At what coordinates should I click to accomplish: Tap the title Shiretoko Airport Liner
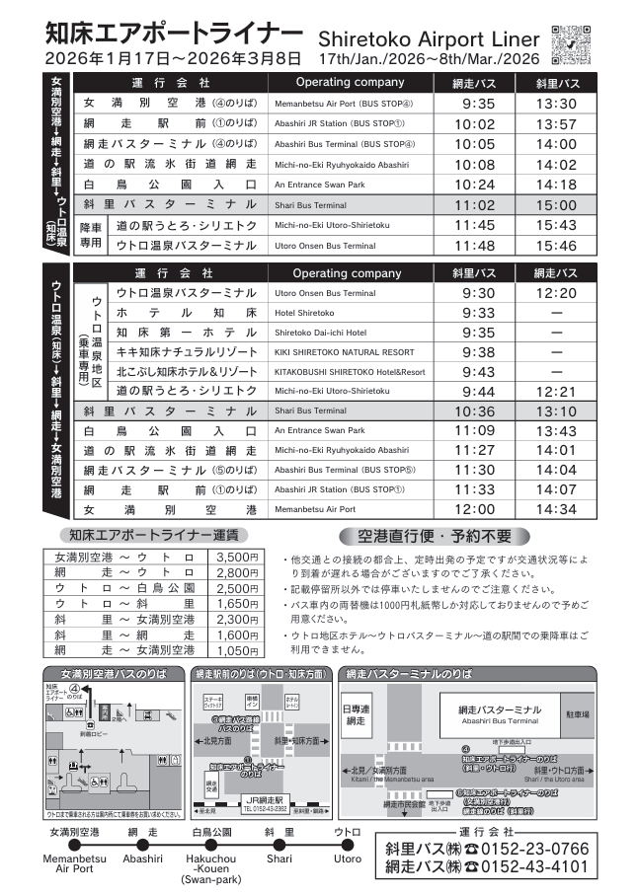429,37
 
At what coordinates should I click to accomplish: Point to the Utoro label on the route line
347,859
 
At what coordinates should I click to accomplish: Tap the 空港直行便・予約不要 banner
426,537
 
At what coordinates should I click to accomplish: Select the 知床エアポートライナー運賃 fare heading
154,535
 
